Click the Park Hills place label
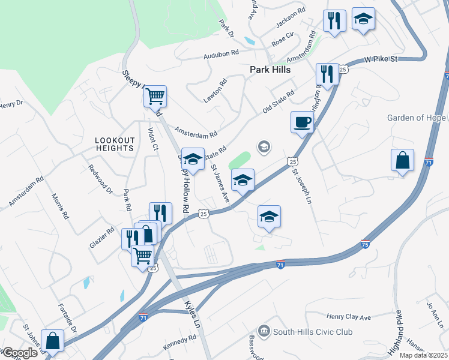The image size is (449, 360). (270, 70)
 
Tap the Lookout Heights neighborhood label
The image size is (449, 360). (114, 143)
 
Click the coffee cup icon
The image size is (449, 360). (302, 122)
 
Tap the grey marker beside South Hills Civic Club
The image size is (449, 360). (264, 331)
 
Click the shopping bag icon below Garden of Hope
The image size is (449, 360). (402, 161)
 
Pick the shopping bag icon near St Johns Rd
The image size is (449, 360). (52, 340)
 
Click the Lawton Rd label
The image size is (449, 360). (214, 89)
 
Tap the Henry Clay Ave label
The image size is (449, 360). (349, 317)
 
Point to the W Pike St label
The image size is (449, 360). (382, 59)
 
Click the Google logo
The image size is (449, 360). (19, 353)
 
